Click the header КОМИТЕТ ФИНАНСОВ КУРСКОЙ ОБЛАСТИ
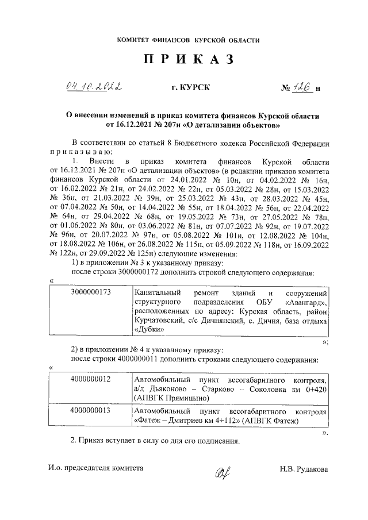pos(188,40)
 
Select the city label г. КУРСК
pos(190,87)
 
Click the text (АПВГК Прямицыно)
pos(170,397)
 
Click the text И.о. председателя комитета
pos(96,469)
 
